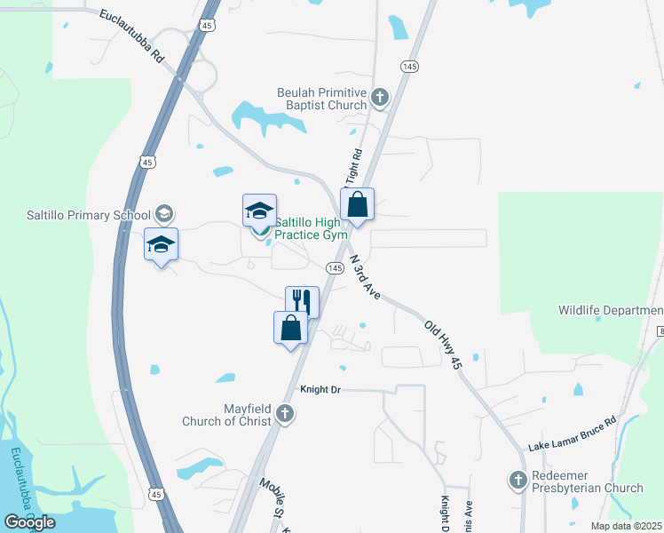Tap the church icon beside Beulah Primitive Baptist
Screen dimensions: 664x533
tap(381, 97)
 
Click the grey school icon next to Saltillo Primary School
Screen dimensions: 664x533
tap(163, 214)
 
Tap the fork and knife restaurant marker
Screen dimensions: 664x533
tap(302, 300)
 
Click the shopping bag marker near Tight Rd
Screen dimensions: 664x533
tap(357, 203)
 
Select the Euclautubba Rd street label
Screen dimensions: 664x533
tap(132, 36)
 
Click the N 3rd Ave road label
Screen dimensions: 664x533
tap(365, 276)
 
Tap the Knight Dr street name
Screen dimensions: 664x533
tap(321, 389)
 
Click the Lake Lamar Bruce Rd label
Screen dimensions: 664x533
tap(572, 434)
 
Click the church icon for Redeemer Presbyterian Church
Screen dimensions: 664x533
tap(518, 481)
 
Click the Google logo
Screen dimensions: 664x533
tap(29, 521)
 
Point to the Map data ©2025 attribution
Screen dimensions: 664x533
tap(627, 526)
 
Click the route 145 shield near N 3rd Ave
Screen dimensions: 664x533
tap(335, 267)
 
